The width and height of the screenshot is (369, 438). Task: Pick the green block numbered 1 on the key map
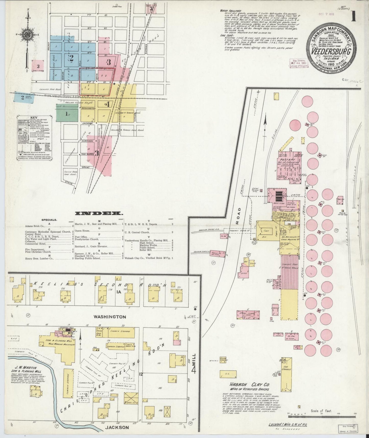click(x=67, y=114)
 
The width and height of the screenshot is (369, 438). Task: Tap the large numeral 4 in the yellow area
click(x=108, y=104)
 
